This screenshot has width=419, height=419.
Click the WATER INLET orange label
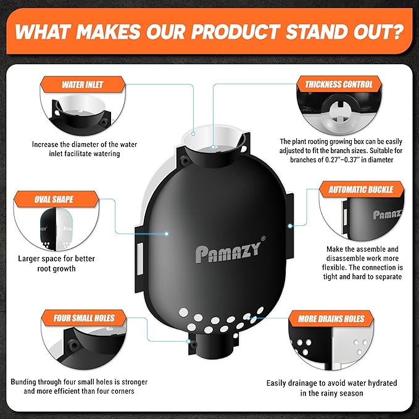83,85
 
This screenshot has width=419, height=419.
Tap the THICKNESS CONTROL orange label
339,84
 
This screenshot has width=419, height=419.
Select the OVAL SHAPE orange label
56,199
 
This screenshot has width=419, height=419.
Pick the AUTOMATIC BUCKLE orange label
361,189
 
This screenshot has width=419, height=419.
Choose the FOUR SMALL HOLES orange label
84,318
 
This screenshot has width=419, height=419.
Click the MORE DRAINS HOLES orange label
331,318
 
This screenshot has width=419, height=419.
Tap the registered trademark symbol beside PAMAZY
263,238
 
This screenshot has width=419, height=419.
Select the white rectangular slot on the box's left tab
140,259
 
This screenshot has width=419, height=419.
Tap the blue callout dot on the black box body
166,234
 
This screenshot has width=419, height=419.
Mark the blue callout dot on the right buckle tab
290,226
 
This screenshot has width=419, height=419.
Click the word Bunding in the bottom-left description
23,382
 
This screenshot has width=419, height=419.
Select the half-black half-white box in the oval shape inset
56,230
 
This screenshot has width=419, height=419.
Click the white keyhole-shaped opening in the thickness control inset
339,112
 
